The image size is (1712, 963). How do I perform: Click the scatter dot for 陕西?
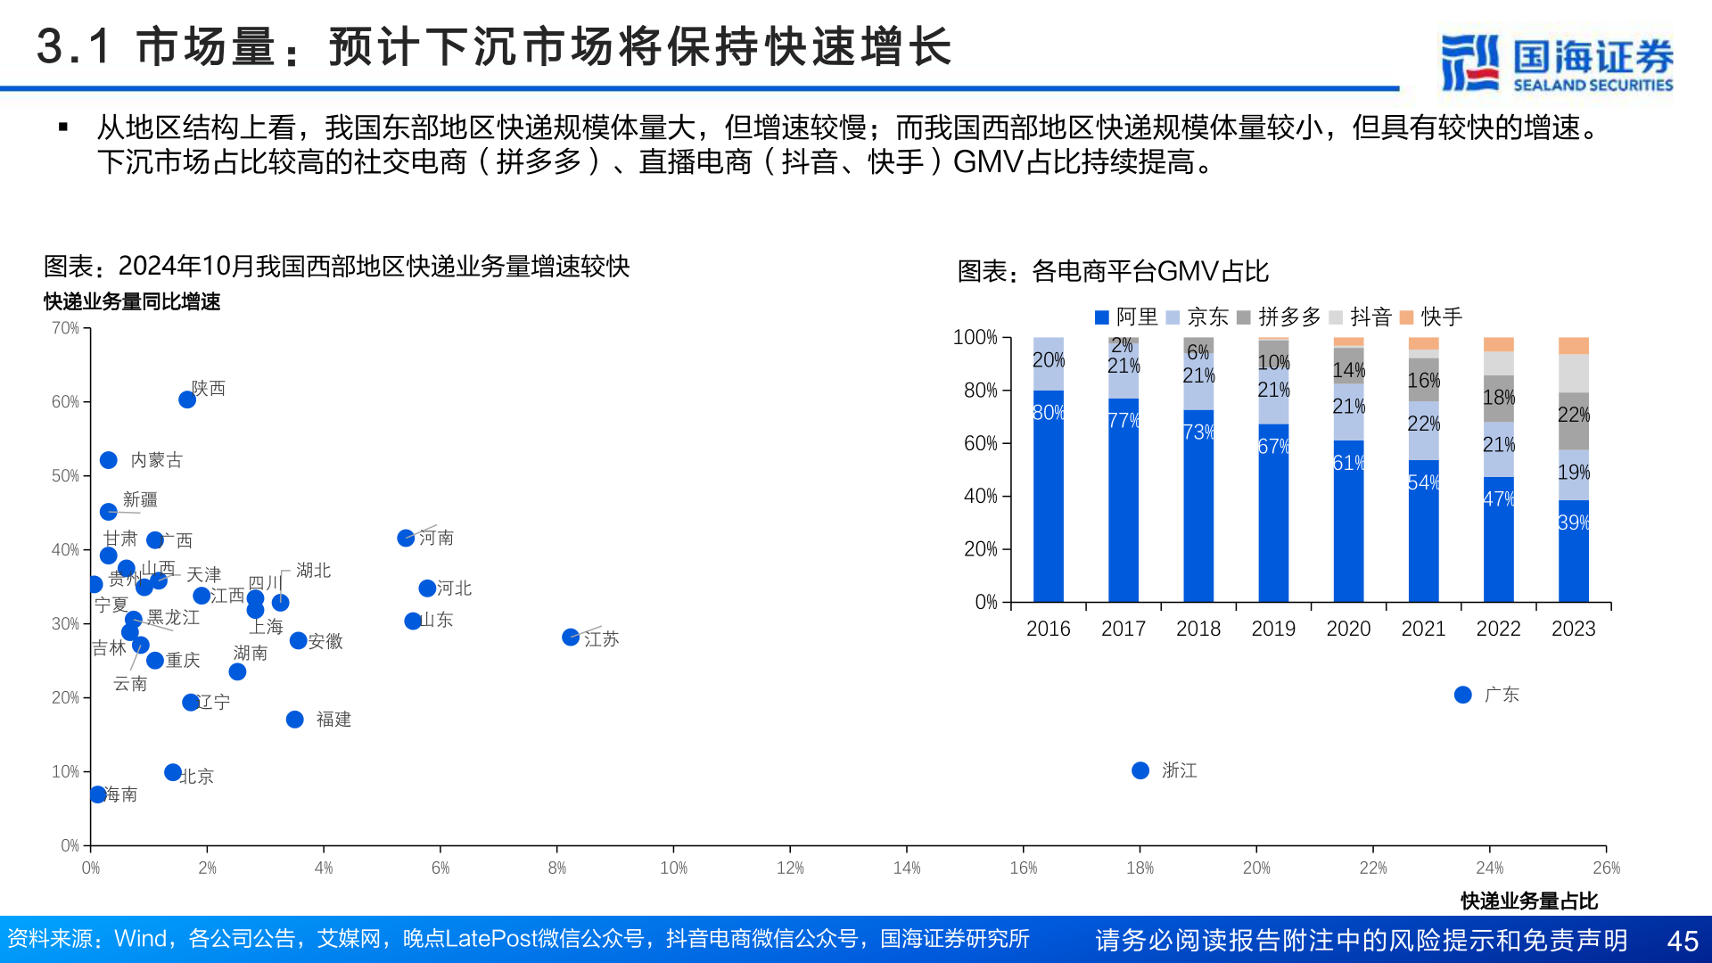coord(187,399)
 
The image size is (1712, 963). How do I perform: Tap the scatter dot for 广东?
coord(1462,695)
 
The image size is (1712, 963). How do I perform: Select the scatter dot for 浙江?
coord(1140,770)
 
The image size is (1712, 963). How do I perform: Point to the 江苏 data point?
coord(571,638)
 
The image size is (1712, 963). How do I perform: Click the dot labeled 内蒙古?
coord(109,460)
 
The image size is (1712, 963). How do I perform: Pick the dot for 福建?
coord(295,720)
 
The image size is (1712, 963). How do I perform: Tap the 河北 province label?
coord(454,588)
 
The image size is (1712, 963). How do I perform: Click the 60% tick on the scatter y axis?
coord(65,402)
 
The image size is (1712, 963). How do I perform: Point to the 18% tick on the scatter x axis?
coord(1140,868)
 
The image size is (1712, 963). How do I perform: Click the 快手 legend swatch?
coord(1407,317)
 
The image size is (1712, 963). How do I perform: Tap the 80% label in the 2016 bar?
coord(1049,413)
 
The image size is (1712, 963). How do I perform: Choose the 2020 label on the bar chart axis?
coord(1348,630)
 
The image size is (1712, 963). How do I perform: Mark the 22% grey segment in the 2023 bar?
coord(1574,416)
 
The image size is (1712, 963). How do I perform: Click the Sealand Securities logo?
coord(1557,62)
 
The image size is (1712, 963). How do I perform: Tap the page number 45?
coord(1683,941)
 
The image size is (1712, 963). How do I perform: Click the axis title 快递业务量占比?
coord(1529,901)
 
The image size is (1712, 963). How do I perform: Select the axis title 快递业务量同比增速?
coord(132,302)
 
